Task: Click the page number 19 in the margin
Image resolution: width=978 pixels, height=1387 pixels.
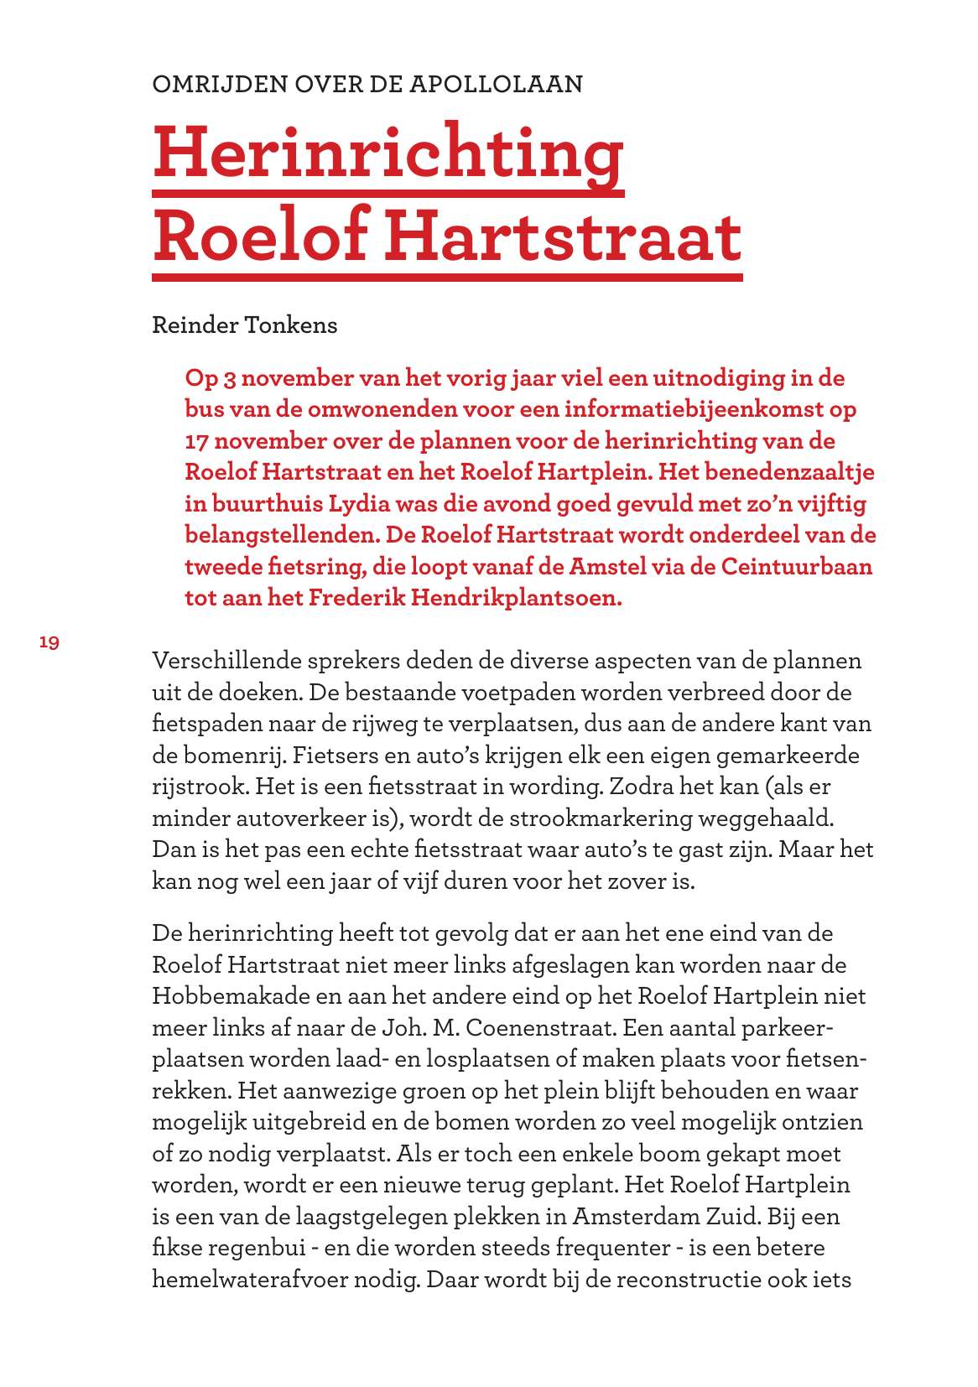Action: [49, 642]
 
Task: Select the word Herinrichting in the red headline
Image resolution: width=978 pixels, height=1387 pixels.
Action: [388, 153]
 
